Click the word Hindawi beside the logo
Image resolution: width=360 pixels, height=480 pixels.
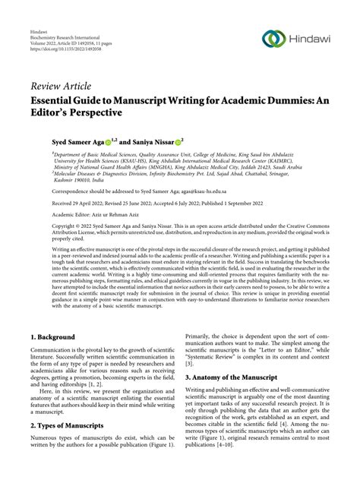(x=311, y=38)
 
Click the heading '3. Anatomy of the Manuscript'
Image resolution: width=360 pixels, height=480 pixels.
(x=242, y=375)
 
